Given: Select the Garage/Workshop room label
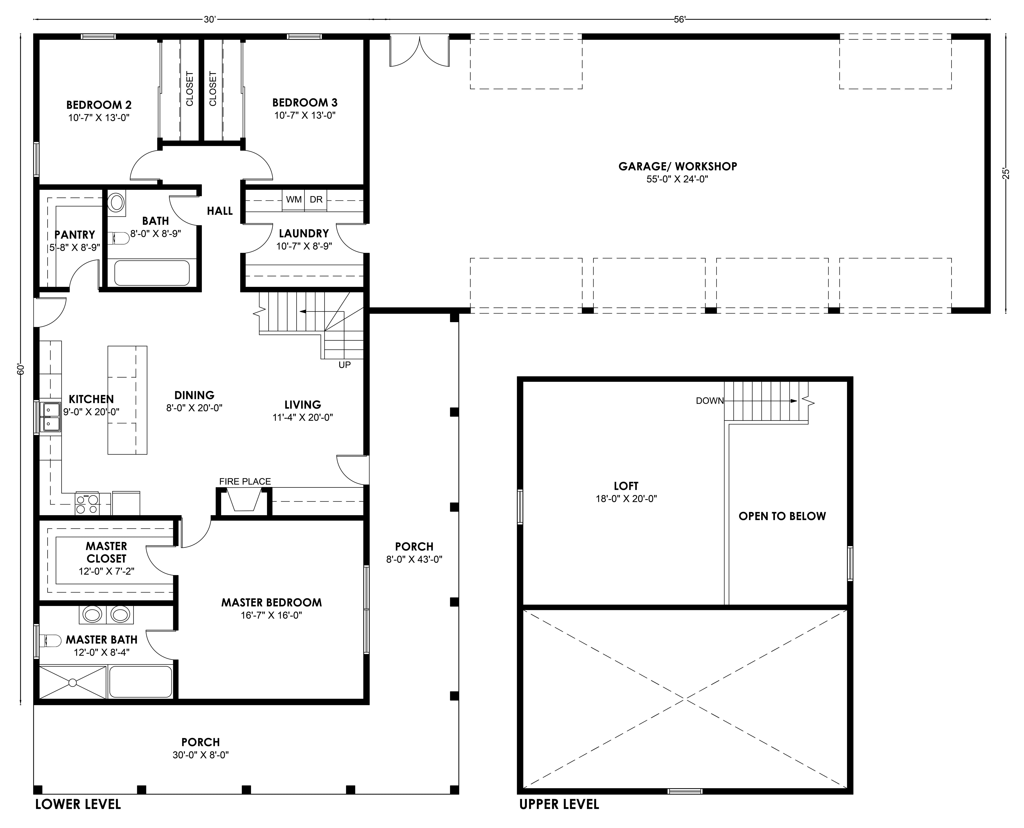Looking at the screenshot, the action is tap(678, 167).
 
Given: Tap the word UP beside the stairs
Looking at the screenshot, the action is tap(344, 365).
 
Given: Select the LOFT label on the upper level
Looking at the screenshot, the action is tap(626, 486).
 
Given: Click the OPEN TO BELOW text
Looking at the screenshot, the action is tap(782, 516).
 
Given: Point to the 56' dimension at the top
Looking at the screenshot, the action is tap(680, 19).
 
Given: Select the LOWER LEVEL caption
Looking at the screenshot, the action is tap(78, 804).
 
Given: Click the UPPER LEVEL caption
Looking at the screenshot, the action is tap(559, 804).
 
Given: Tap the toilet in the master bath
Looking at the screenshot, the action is tap(50, 640).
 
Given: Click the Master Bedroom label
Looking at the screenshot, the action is tap(271, 602).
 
